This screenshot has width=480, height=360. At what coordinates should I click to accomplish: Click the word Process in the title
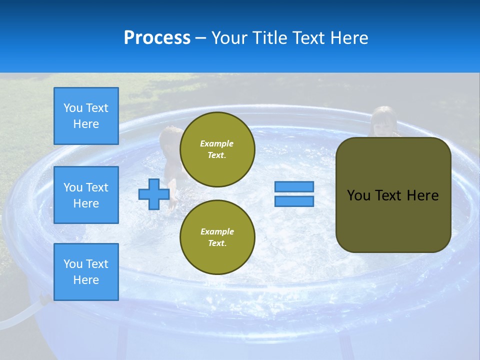(x=157, y=38)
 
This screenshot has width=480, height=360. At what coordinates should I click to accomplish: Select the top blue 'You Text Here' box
(x=86, y=116)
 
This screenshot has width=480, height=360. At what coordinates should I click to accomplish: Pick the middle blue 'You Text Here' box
(x=86, y=195)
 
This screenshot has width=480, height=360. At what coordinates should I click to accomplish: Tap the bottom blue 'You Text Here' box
(x=86, y=271)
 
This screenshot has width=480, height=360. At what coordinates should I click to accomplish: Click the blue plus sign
(x=154, y=194)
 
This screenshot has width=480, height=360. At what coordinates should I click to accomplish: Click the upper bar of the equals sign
(x=294, y=186)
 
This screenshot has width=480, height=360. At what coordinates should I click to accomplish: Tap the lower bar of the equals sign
(x=294, y=201)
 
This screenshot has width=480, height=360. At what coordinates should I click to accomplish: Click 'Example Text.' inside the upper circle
(x=217, y=149)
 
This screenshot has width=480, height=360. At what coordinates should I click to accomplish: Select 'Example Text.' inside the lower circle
(x=217, y=237)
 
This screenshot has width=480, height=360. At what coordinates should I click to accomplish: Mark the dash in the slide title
(x=200, y=38)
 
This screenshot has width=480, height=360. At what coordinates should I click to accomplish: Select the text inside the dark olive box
(x=393, y=195)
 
